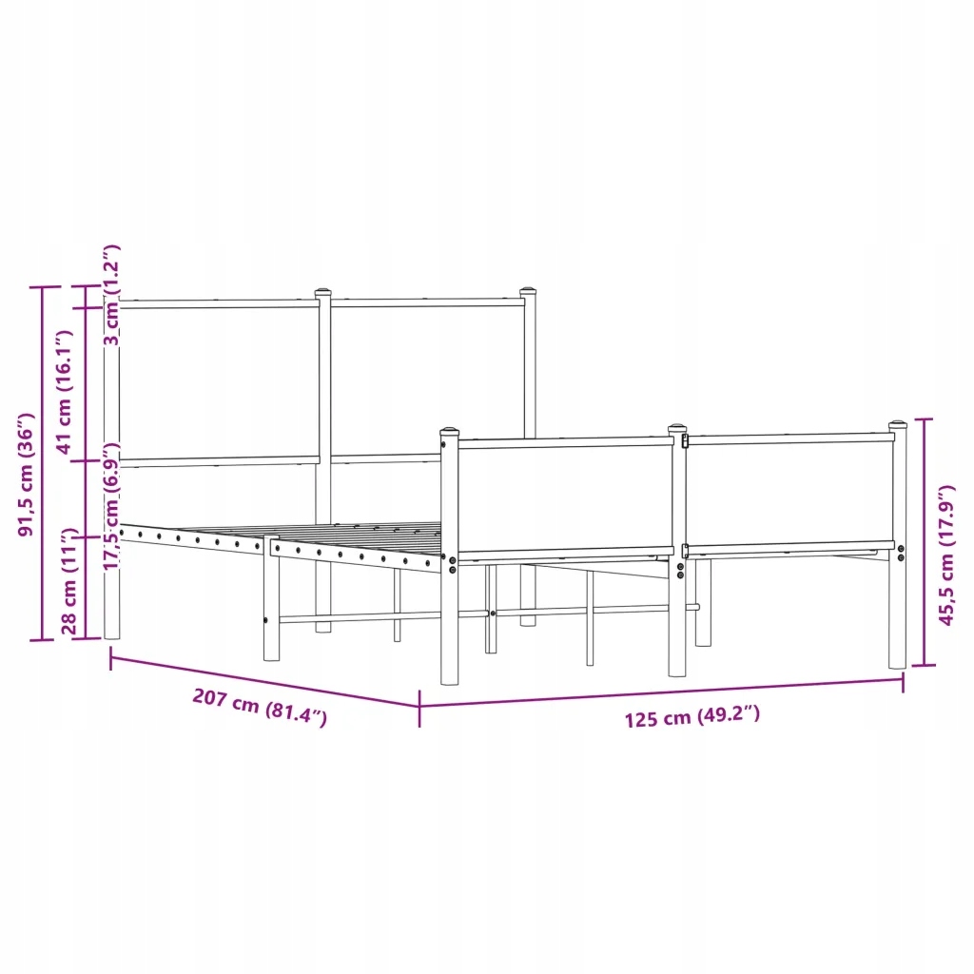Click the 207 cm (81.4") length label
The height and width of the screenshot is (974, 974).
260,707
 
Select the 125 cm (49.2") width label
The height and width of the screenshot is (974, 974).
692,716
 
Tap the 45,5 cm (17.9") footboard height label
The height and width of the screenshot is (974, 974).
946,555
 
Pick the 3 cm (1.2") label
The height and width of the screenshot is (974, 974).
112,295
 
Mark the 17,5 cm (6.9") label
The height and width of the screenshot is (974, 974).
112,506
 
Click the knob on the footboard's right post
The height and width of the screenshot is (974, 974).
898,425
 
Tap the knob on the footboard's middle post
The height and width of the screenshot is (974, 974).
677,428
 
